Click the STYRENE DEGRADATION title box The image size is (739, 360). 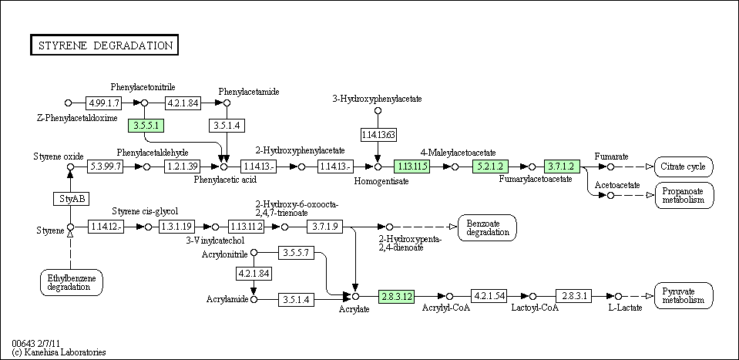[x=104, y=45]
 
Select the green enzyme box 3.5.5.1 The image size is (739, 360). [x=146, y=126]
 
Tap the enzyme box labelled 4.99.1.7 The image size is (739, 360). [x=103, y=103]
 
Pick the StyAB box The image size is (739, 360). [x=71, y=199]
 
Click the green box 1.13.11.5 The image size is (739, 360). [x=412, y=167]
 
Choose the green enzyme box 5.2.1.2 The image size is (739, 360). [x=490, y=167]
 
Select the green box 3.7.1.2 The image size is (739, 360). [x=562, y=167]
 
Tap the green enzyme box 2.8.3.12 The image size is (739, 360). [x=396, y=296]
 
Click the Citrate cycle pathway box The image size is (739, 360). [x=684, y=167]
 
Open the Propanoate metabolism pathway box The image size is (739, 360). [x=684, y=195]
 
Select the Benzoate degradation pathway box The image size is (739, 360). [x=487, y=227]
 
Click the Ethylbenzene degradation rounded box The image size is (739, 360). [x=72, y=282]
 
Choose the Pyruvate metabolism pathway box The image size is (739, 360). [x=684, y=296]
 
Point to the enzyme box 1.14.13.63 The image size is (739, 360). [x=378, y=135]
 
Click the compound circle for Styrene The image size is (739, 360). [x=71, y=227]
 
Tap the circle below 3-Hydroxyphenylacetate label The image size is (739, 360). [x=378, y=111]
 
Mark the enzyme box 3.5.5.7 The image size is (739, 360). [x=296, y=253]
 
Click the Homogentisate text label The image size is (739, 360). [x=381, y=180]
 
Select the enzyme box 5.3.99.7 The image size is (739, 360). [x=105, y=167]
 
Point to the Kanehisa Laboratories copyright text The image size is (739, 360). [x=59, y=352]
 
